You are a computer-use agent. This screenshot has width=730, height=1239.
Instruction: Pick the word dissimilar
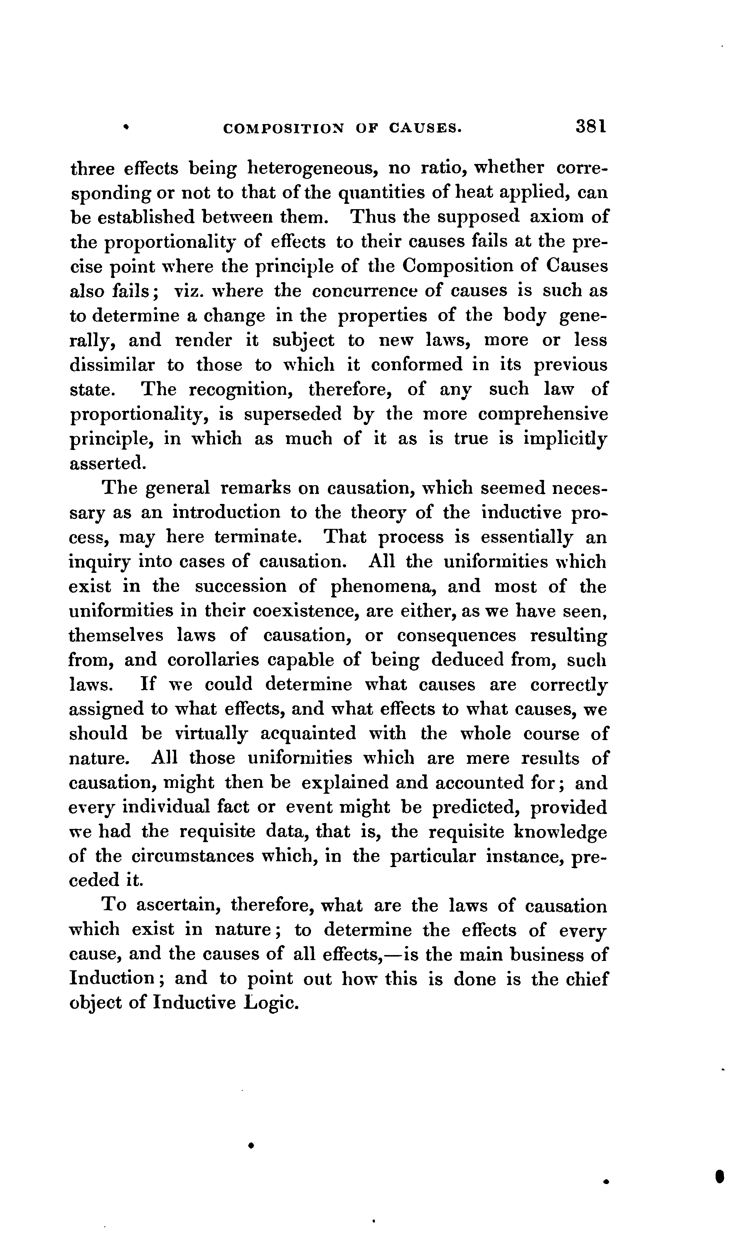pos(112,365)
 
